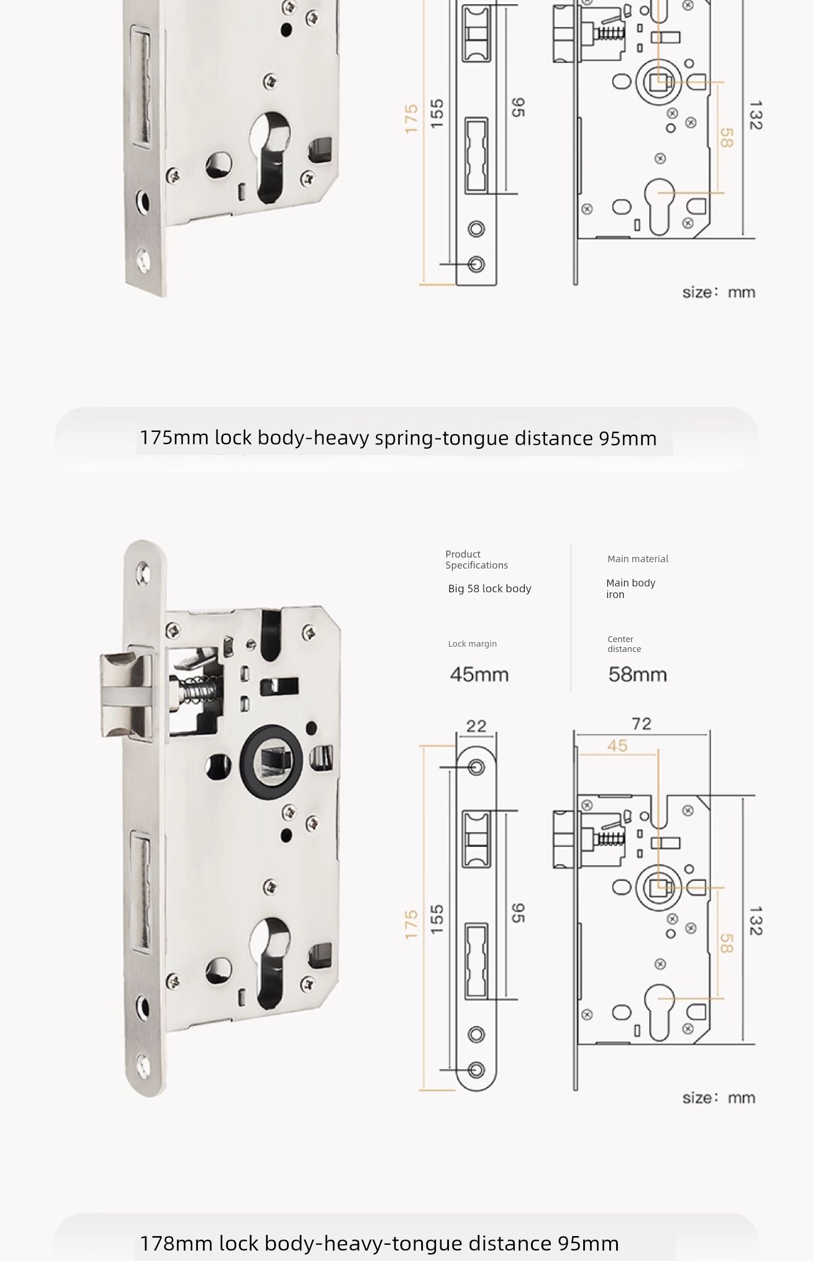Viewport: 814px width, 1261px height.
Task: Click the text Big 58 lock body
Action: click(489, 589)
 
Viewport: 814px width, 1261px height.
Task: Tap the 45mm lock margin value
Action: click(479, 675)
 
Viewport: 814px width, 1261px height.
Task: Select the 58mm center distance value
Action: click(638, 675)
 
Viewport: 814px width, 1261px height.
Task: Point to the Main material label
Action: click(638, 559)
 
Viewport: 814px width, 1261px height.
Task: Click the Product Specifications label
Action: click(476, 559)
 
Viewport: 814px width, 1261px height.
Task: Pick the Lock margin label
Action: click(472, 644)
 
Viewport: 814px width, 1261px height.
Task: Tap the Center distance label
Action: click(624, 644)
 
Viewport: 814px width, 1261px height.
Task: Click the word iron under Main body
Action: click(615, 595)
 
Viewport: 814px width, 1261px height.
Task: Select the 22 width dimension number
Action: click(476, 726)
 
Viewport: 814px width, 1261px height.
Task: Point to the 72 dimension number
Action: click(642, 724)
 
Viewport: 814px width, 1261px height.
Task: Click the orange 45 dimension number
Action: click(617, 746)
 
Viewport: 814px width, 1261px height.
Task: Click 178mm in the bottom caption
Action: click(176, 1243)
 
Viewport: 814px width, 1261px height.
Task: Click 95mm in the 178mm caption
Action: click(588, 1243)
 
